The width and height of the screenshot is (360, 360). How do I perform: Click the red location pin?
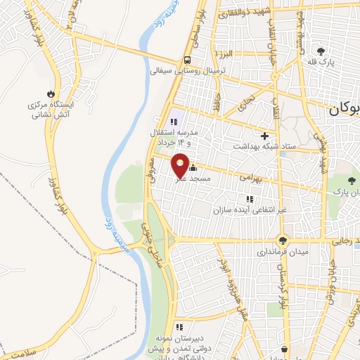pyautogui.click(x=181, y=165)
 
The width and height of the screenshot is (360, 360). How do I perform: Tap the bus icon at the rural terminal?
pyautogui.click(x=188, y=60)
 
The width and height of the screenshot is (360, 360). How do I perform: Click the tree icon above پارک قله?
pyautogui.click(x=321, y=51)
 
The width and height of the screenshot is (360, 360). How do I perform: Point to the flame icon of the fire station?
pyautogui.click(x=51, y=94)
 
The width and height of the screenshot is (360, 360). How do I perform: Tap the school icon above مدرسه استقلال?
pyautogui.click(x=174, y=122)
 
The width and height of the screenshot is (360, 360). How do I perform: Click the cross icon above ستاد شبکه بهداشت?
pyautogui.click(x=264, y=135)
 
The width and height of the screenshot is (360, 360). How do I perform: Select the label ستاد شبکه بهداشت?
pyautogui.click(x=264, y=146)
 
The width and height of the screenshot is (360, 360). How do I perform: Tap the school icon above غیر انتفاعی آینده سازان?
pyautogui.click(x=249, y=200)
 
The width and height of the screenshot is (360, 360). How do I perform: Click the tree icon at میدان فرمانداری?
pyautogui.click(x=283, y=240)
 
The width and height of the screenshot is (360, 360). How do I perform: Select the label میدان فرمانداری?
pyautogui.click(x=282, y=250)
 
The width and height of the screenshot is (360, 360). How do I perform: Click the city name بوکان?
pyautogui.click(x=344, y=110)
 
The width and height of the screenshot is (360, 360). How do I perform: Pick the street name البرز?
pyautogui.click(x=224, y=54)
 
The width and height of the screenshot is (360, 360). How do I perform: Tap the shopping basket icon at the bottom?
pyautogui.click(x=285, y=349)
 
